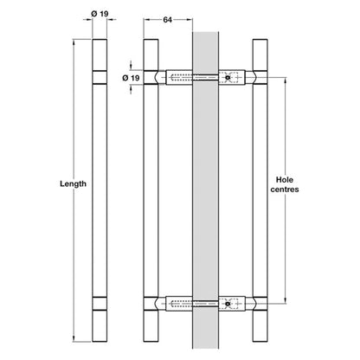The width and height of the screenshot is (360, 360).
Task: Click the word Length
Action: [x=73, y=184]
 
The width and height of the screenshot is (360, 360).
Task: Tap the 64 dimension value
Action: [x=168, y=20]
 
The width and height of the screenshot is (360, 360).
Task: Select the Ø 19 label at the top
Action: [x=100, y=14]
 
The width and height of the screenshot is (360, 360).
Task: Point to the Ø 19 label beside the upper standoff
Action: [x=131, y=78]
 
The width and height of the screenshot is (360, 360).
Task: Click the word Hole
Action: [x=285, y=180]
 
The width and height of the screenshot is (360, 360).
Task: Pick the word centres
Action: [x=285, y=190]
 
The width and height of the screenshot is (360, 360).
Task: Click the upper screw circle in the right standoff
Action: [x=228, y=78]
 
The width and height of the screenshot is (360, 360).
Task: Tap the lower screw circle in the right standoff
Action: [x=228, y=304]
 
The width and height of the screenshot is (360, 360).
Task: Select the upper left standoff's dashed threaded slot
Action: [x=182, y=78]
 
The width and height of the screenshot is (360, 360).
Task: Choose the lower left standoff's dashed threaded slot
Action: [x=182, y=304]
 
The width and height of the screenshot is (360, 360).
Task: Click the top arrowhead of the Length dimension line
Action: [x=74, y=42]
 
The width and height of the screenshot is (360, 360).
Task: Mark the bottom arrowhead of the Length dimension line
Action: [x=74, y=338]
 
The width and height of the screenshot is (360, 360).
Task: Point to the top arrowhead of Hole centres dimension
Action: [x=286, y=80]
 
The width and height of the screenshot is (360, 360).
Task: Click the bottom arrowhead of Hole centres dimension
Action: [x=286, y=301]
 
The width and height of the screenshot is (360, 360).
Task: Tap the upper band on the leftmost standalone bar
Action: [x=100, y=77]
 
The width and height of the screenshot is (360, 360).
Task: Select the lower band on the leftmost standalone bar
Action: [x=100, y=304]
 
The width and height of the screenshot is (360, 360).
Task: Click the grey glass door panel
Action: [x=205, y=190]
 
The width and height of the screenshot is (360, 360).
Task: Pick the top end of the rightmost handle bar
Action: [x=260, y=40]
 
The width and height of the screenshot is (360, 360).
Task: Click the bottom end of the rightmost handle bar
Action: [x=260, y=342]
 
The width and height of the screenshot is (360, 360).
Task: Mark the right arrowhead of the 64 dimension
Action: [x=190, y=20]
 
